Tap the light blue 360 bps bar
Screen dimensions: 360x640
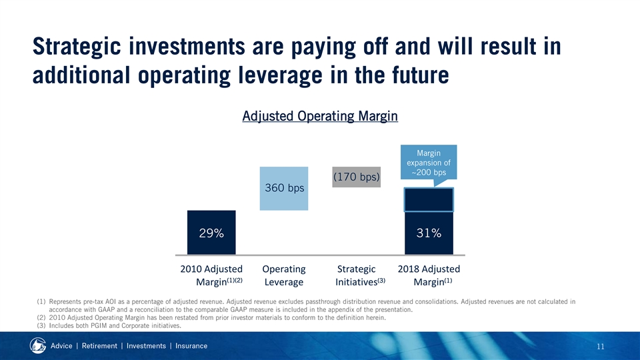pyautogui.click(x=284, y=188)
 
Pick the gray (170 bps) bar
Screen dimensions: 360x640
pyautogui.click(x=356, y=177)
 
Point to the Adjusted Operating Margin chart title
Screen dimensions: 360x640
pyautogui.click(x=319, y=117)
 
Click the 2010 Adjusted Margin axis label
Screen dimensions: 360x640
pyautogui.click(x=211, y=275)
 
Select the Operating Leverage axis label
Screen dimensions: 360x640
pyautogui.click(x=284, y=275)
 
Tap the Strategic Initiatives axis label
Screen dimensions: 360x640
pyautogui.click(x=357, y=275)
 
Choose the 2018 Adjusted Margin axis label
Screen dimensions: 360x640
pyautogui.click(x=429, y=275)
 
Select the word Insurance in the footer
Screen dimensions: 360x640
pyautogui.click(x=187, y=346)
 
